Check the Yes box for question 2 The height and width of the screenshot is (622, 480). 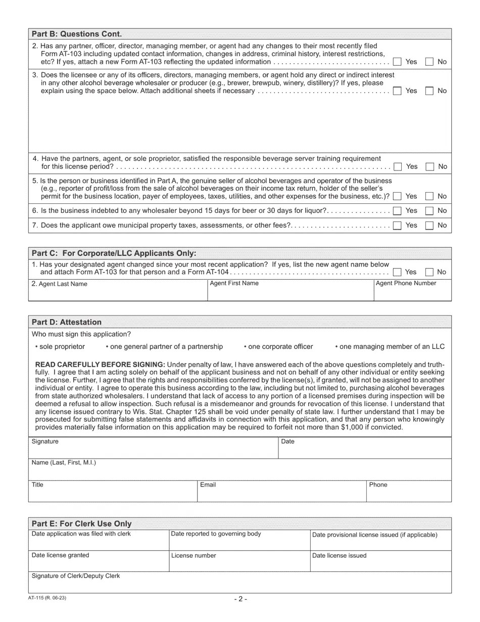coord(397,62)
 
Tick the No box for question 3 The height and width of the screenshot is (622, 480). coord(429,91)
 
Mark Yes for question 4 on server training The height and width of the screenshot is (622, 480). coord(398,166)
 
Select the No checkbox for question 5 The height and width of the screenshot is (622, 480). coord(429,196)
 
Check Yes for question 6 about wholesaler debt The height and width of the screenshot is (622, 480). coord(397,210)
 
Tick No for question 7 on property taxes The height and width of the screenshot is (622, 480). coord(429,226)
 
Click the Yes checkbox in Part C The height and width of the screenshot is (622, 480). coord(397,272)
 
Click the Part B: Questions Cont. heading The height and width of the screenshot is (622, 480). coord(77,34)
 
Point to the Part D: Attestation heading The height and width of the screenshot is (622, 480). coord(67,322)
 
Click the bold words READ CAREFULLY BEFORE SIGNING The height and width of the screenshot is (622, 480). coord(100,365)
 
